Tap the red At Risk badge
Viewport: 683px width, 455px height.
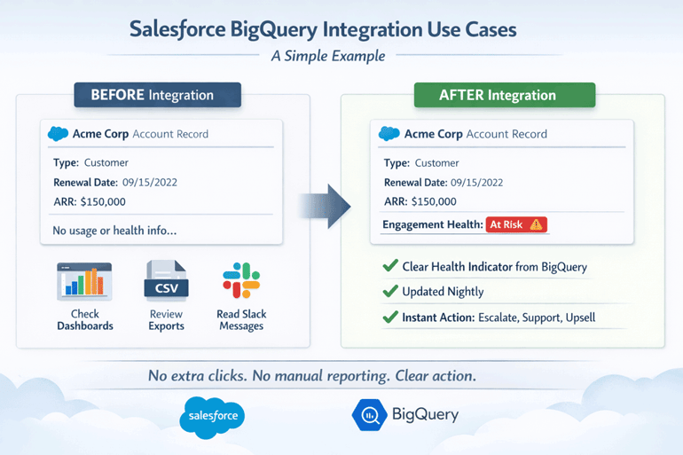click(x=516, y=225)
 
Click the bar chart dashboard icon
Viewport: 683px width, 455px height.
click(x=84, y=281)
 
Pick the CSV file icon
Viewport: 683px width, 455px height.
click(x=166, y=282)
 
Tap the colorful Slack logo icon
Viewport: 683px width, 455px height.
click(x=241, y=281)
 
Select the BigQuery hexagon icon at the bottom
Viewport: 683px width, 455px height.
click(x=367, y=415)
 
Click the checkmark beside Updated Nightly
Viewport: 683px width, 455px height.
click(x=389, y=292)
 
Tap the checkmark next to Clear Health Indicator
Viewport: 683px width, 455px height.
click(x=389, y=267)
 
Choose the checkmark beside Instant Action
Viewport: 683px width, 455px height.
click(x=389, y=318)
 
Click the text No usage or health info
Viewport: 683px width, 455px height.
click(x=114, y=231)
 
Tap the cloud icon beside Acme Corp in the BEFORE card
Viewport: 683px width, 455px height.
click(x=59, y=134)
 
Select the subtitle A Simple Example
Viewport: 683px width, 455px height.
click(x=328, y=56)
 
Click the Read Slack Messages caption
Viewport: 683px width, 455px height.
click(x=241, y=320)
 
